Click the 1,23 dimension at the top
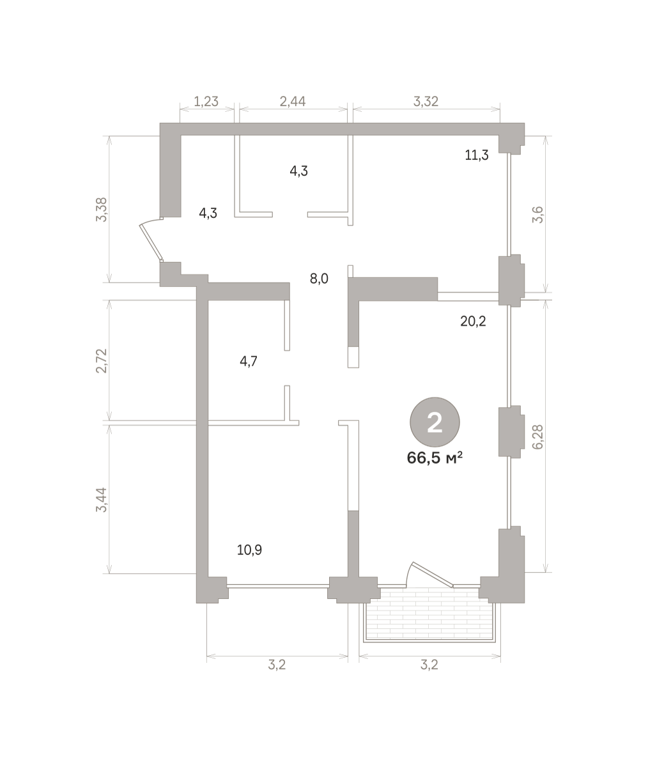[x=206, y=101]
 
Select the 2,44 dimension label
[x=293, y=101]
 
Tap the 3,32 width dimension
[x=426, y=101]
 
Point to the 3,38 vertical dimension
[x=101, y=210]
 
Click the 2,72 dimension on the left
[x=101, y=360]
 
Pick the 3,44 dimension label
[x=101, y=500]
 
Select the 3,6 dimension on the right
[x=537, y=215]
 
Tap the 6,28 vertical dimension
[x=537, y=437]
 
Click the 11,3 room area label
[x=477, y=155]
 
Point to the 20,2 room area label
[x=473, y=322]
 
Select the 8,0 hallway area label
[x=319, y=279]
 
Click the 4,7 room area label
[x=249, y=362]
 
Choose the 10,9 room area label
[x=249, y=550]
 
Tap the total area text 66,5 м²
[x=435, y=458]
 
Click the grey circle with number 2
[x=435, y=422]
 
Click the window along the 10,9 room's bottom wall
[x=278, y=586]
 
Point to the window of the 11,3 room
[x=509, y=205]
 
